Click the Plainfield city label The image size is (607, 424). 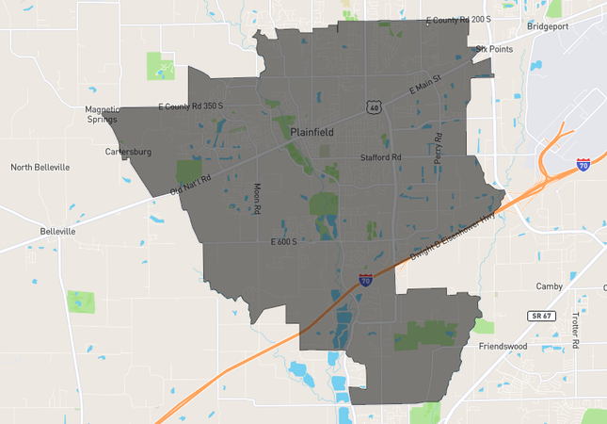[311, 132]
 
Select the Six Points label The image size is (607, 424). [494, 48]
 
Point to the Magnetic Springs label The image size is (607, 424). [103, 114]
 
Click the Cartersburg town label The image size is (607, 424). [128, 151]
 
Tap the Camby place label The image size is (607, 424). [549, 285]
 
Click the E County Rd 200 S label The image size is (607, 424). [459, 19]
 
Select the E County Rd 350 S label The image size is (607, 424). [190, 106]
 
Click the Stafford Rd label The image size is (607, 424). [381, 157]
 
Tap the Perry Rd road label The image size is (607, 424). [438, 149]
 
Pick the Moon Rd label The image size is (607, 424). [257, 198]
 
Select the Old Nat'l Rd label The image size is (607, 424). [190, 183]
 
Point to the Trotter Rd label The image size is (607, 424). [575, 325]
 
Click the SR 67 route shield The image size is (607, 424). [538, 315]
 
